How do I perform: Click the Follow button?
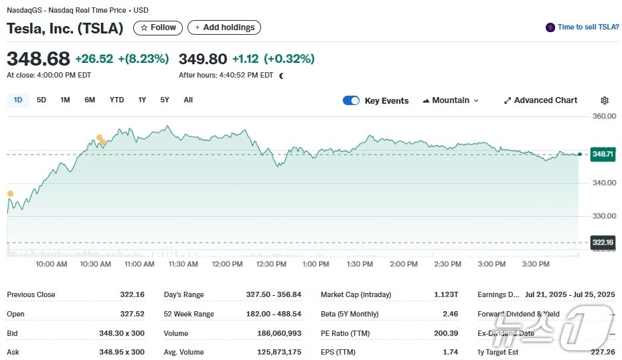tap(158, 27)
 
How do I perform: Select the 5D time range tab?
tap(42, 100)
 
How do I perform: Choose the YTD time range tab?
tap(116, 100)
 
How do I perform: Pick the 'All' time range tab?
tap(188, 100)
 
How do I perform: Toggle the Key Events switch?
tap(351, 100)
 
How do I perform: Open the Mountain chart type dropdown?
tap(451, 100)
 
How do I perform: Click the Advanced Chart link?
tap(540, 100)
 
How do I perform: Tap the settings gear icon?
tap(605, 100)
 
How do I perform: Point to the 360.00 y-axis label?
tap(604, 116)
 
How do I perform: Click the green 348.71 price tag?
tap(603, 155)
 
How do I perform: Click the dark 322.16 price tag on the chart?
tap(603, 242)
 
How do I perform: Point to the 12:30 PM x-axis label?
tap(271, 264)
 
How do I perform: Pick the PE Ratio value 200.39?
tap(445, 333)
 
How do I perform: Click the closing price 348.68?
tap(38, 59)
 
